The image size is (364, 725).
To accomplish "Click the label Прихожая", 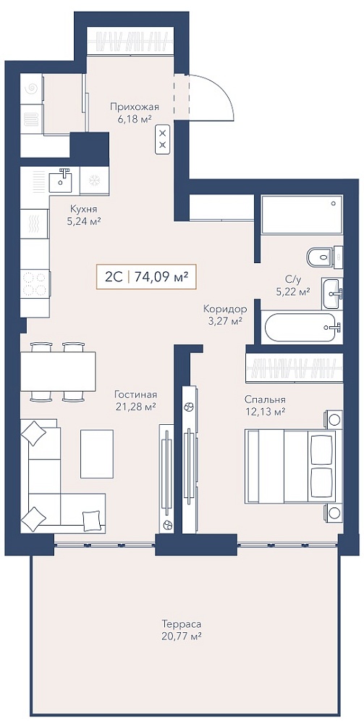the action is (x=135, y=107).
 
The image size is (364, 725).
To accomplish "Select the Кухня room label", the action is (x=83, y=208).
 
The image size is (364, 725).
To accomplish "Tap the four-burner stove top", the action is (x=35, y=284).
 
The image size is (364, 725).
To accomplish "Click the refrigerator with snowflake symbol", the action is (x=94, y=180).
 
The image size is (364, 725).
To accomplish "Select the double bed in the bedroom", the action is (x=293, y=465).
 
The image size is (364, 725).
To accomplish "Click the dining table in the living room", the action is (x=58, y=371).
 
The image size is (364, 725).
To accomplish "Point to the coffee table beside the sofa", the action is (x=97, y=454).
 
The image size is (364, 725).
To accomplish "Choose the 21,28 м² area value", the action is (x=135, y=407).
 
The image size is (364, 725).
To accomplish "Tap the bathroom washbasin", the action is (x=332, y=294).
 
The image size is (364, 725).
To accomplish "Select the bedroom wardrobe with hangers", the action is (x=295, y=368).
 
